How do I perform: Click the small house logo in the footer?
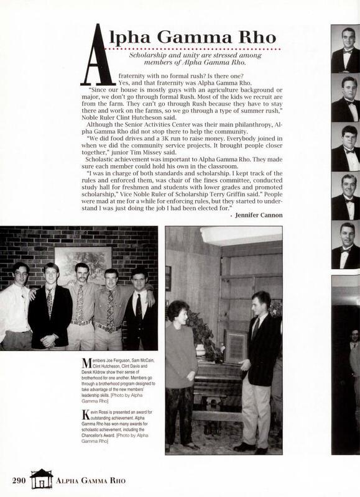42,478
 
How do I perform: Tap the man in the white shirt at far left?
16,304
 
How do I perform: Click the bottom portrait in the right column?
345,245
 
